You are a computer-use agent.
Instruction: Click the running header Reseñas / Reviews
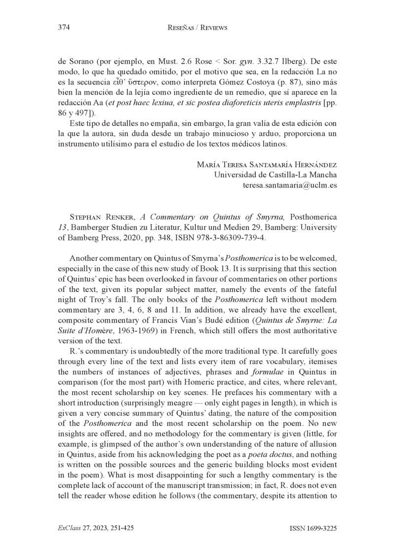pos(197,28)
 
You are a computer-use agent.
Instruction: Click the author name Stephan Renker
pos(103,217)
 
